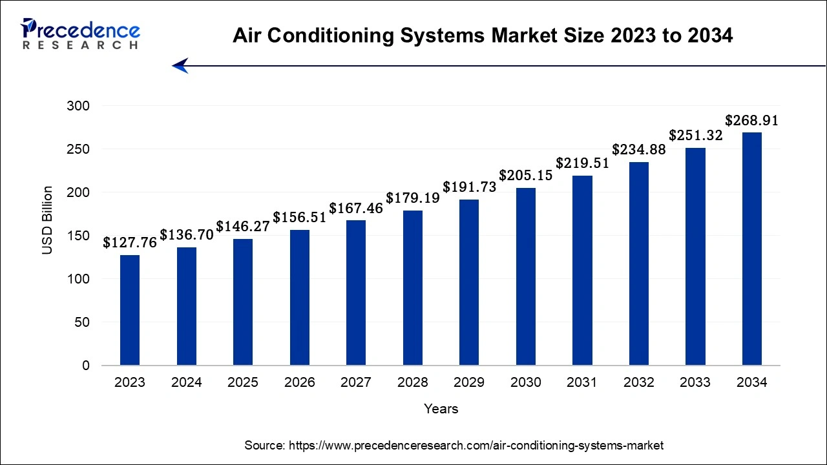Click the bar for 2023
click(x=130, y=310)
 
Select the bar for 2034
click(x=751, y=249)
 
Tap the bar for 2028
click(x=412, y=287)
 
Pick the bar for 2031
click(x=582, y=270)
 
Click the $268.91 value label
click(x=751, y=121)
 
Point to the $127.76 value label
click(x=130, y=243)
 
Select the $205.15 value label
click(x=525, y=176)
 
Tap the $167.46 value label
click(x=356, y=209)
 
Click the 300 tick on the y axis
click(x=78, y=106)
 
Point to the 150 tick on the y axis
click(x=78, y=236)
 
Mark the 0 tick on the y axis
click(x=86, y=366)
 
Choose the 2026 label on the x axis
click(x=299, y=382)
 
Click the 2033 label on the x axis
click(x=695, y=382)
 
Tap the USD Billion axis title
click(x=48, y=220)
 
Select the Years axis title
click(x=441, y=409)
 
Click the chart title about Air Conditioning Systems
click(x=483, y=36)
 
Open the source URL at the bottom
click(x=476, y=445)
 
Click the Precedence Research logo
click(x=80, y=34)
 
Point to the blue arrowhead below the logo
click(x=180, y=65)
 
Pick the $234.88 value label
click(x=638, y=149)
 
